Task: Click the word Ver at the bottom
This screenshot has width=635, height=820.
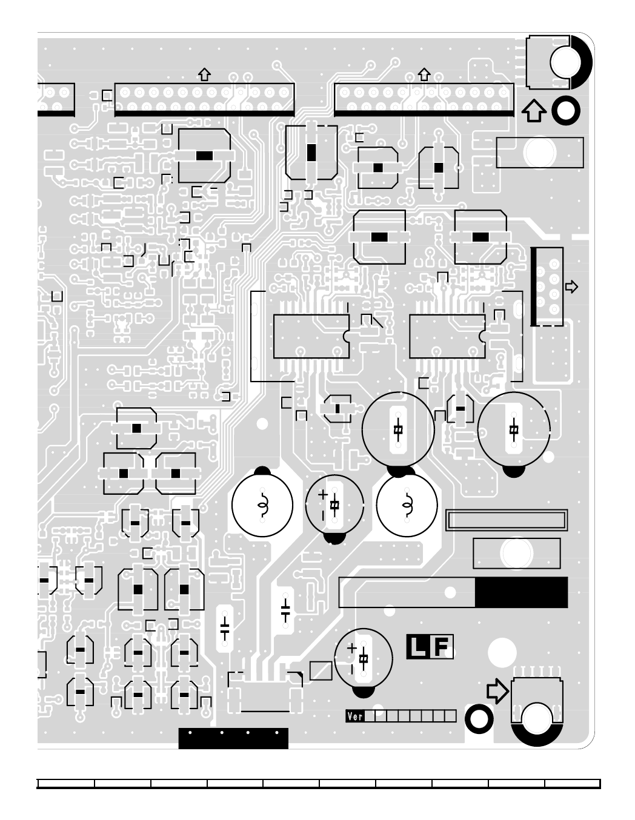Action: pos(355,716)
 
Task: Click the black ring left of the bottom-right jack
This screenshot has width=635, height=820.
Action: pos(479,719)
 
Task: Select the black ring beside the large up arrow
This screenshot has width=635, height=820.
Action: pos(565,110)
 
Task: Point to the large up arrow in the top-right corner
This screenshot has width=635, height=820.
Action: pos(533,111)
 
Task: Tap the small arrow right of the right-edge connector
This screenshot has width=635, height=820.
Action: pos(571,286)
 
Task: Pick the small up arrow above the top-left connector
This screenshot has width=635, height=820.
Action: pos(205,74)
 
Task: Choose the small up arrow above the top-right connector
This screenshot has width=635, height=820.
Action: pos(424,74)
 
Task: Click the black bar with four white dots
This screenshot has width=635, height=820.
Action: pos(233,738)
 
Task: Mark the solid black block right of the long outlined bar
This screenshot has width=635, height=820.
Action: pos(521,592)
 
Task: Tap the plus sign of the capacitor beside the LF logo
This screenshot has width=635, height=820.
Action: pos(351,648)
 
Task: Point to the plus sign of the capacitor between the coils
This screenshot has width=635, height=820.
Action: pos(322,494)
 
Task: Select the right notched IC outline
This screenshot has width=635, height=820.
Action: pos(447,336)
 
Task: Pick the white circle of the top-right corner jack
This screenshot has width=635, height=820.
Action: pos(566,62)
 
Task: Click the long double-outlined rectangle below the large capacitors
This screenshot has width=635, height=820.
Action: pos(507,520)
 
